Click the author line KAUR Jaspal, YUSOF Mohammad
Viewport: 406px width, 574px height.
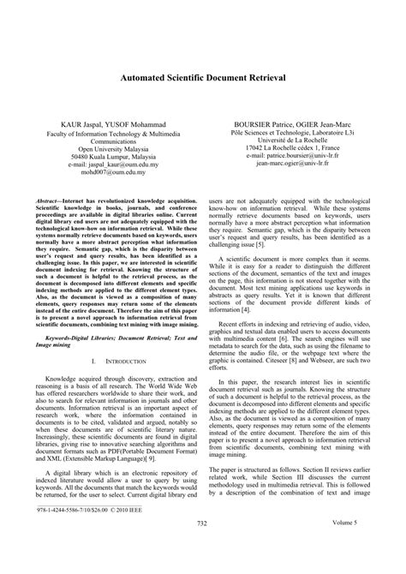pyautogui.click(x=106, y=123)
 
